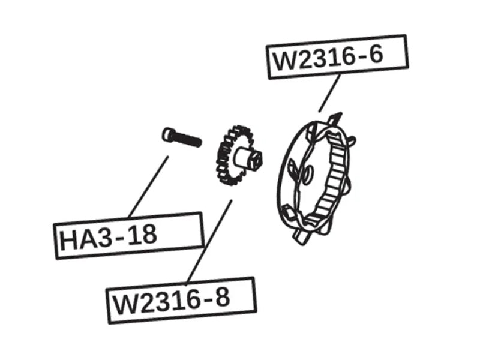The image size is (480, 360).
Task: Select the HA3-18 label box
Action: pyautogui.click(x=129, y=236)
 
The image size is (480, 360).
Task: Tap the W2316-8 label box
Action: pyautogui.click(x=181, y=301)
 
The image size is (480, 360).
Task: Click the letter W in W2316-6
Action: pyautogui.click(x=284, y=61)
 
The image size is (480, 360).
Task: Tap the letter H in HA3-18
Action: pyautogui.click(x=68, y=241)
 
